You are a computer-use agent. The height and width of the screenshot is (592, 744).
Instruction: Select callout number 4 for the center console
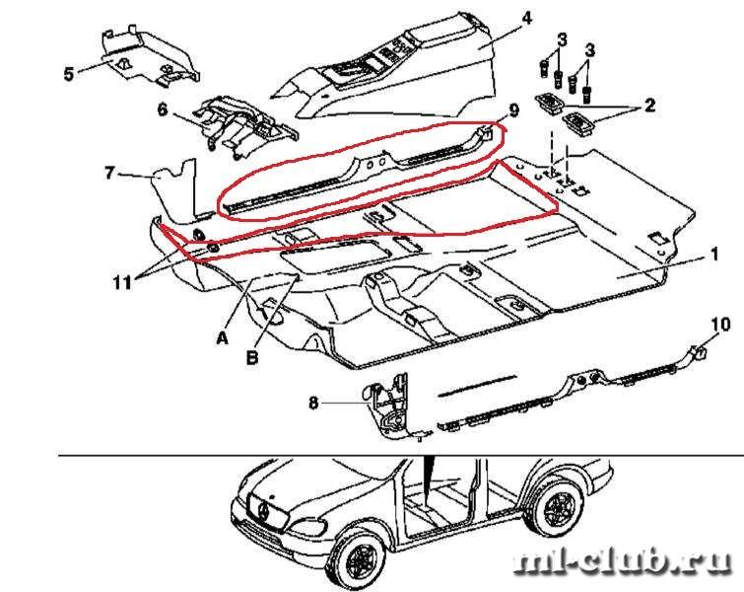click(x=526, y=19)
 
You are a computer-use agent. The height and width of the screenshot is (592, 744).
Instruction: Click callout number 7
click(x=110, y=174)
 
